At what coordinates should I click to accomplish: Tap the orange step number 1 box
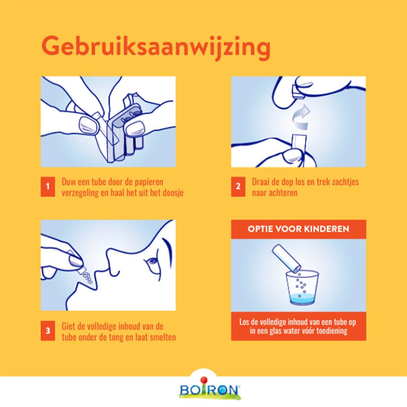point(47,187)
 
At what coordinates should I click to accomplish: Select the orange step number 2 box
point(238,187)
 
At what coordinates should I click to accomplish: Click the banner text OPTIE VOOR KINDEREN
point(298,229)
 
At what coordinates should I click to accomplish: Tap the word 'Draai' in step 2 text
point(261,182)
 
